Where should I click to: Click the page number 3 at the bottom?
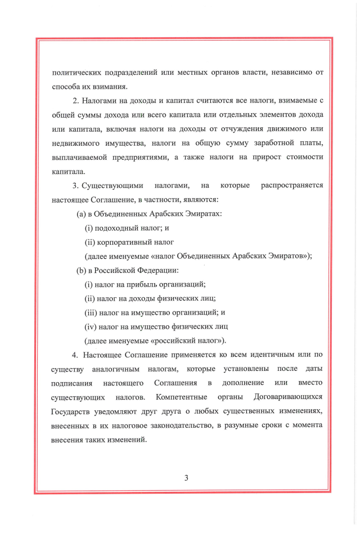[x=186, y=478]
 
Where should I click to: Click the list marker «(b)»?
[x=82, y=270]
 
